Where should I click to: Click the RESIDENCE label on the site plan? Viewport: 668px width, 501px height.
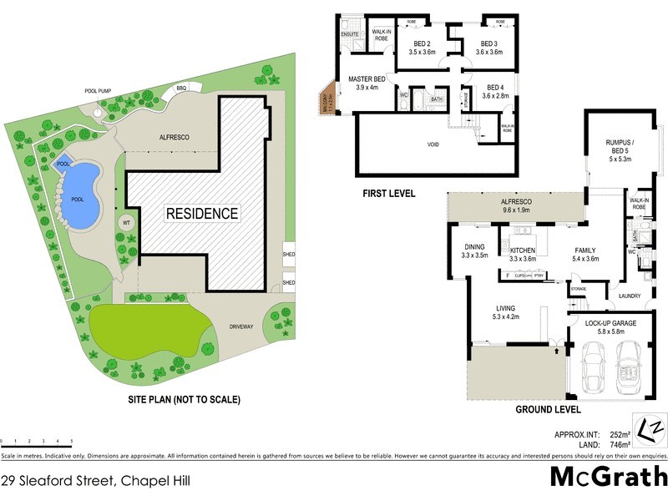pos(201,213)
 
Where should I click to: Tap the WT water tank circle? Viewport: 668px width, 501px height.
pos(126,224)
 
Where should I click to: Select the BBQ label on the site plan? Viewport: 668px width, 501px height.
pos(181,88)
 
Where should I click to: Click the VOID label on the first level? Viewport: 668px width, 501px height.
pos(433,144)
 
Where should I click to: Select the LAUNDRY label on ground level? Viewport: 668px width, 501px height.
pos(630,295)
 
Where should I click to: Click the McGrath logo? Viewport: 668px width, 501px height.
pos(608,477)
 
